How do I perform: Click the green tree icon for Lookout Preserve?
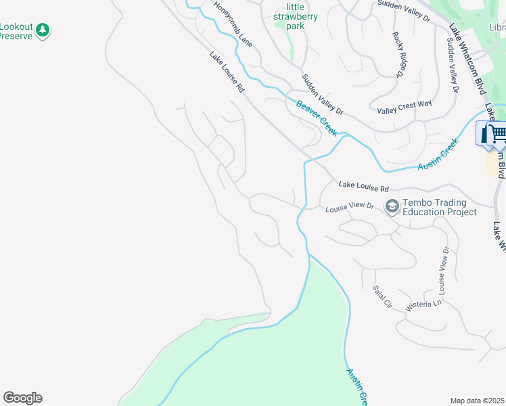pyautogui.click(x=43, y=30)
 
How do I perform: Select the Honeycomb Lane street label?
pyautogui.click(x=233, y=23)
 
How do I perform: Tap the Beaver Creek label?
pyautogui.click(x=316, y=117)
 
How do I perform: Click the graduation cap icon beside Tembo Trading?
pyautogui.click(x=392, y=205)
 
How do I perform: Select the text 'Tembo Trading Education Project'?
pyautogui.click(x=439, y=207)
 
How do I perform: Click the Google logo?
pyautogui.click(x=22, y=398)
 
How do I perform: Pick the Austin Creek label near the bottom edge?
pyautogui.click(x=356, y=386)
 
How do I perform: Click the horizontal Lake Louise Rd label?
pyautogui.click(x=364, y=185)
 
